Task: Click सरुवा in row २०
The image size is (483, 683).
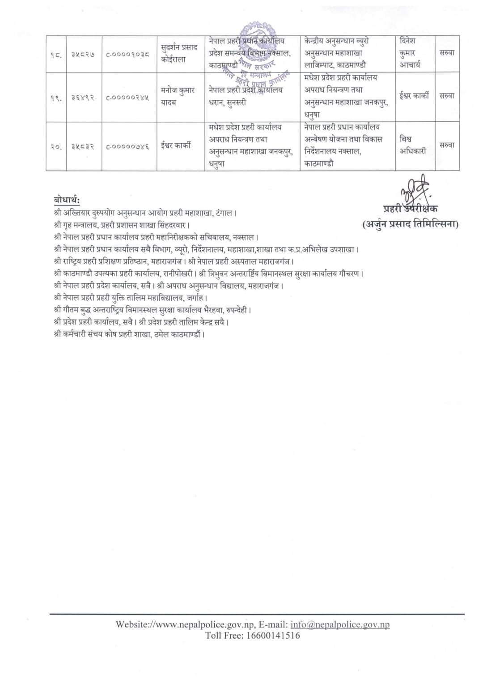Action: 447,145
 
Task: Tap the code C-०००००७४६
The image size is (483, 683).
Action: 128,146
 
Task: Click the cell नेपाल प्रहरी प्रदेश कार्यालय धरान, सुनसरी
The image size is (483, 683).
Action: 246,96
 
